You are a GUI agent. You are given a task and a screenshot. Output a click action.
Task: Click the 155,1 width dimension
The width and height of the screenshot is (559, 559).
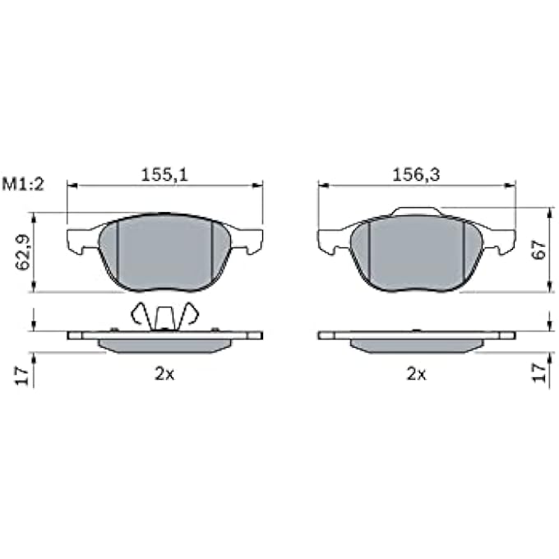(164, 174)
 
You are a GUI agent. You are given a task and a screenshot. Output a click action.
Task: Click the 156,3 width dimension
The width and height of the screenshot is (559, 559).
(416, 174)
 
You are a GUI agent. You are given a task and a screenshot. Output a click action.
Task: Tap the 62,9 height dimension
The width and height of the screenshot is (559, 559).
(23, 252)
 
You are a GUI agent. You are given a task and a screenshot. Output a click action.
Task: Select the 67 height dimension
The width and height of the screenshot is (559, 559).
(538, 250)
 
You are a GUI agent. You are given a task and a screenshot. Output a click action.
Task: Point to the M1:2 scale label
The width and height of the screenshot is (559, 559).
(23, 184)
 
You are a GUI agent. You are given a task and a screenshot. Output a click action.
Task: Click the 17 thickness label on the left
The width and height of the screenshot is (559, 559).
(22, 376)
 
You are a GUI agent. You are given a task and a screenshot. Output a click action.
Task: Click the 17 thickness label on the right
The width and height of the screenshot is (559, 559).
(539, 373)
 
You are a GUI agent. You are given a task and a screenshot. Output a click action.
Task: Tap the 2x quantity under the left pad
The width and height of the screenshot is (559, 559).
(164, 373)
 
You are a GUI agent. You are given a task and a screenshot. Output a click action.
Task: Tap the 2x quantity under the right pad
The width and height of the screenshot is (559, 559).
(417, 373)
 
